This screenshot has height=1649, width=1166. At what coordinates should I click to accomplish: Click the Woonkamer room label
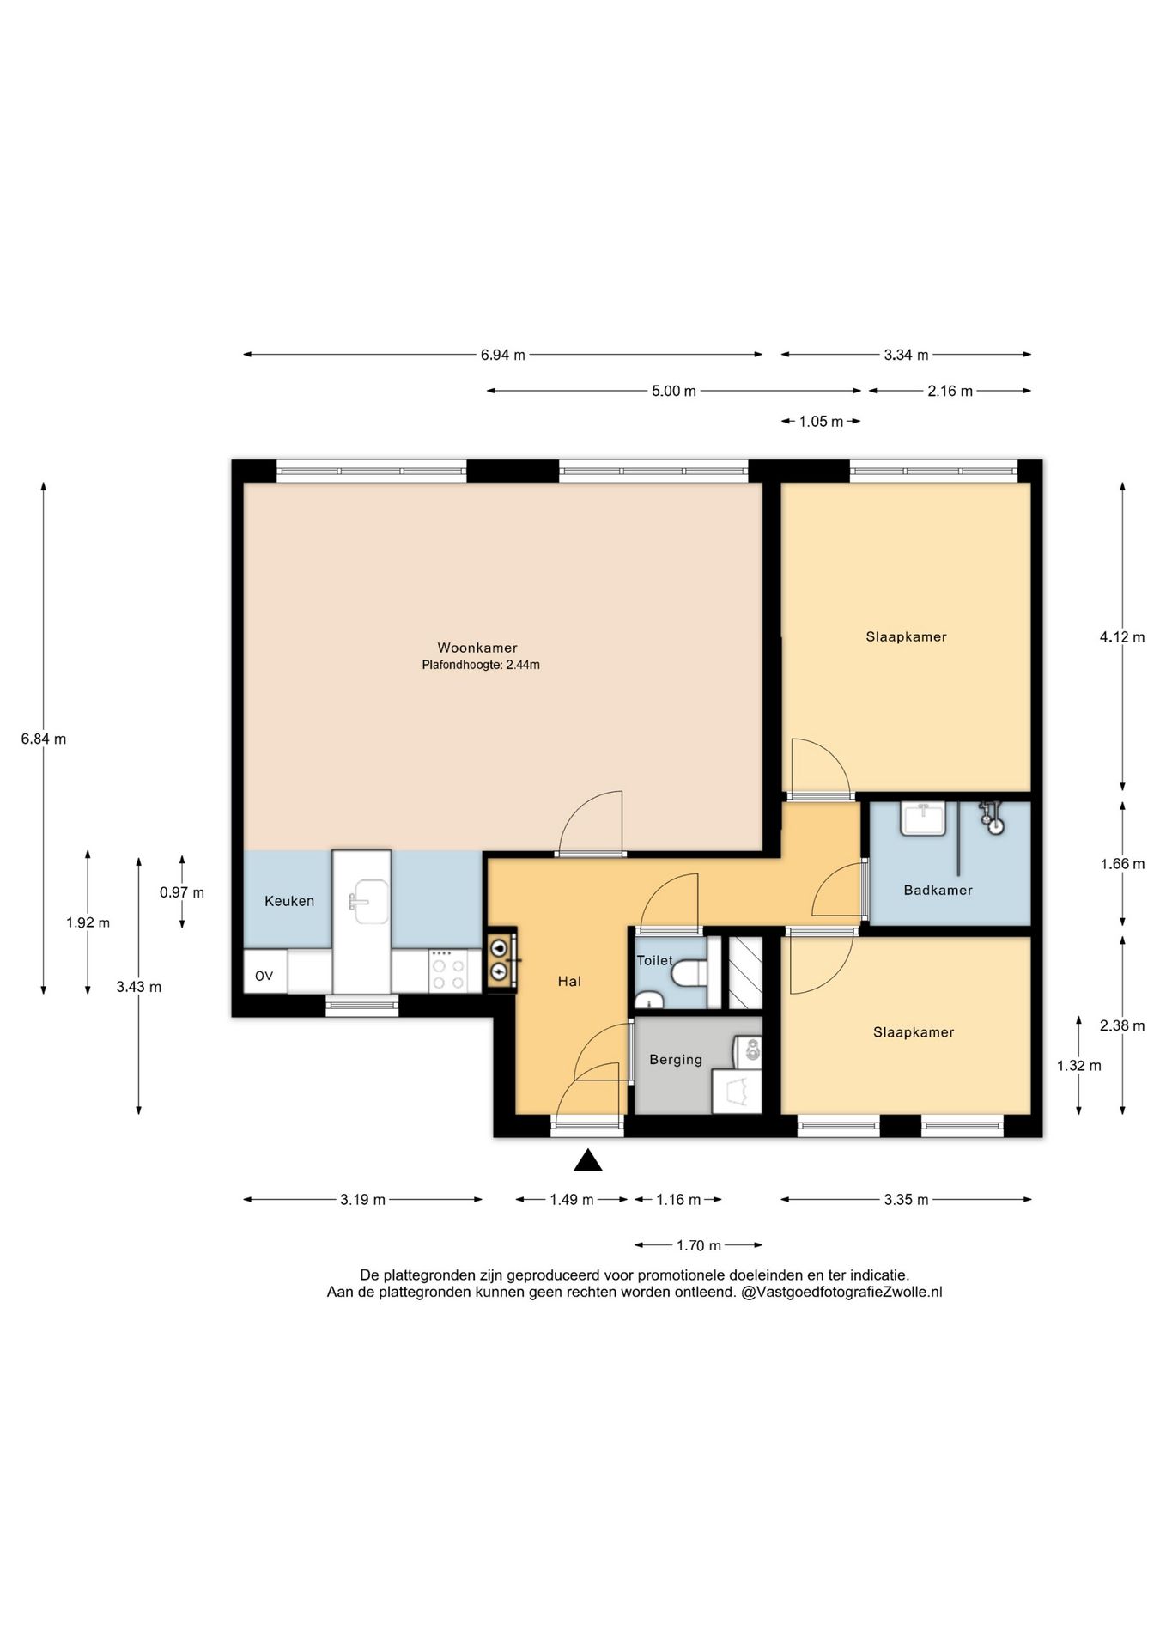coord(477,648)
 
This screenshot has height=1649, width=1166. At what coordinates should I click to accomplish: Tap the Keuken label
coord(289,901)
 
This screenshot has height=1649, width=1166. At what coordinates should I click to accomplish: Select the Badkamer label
coord(938,890)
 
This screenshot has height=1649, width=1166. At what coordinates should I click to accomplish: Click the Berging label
coord(676,1060)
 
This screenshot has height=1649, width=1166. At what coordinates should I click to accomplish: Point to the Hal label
coord(569,981)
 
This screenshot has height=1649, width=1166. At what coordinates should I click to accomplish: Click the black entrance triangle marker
coord(588,1160)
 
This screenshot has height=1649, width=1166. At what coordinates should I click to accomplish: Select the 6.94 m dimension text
coord(502,355)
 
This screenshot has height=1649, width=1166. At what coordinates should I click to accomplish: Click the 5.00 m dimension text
coord(674,391)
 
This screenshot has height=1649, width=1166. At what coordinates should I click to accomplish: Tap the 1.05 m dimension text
coord(822,421)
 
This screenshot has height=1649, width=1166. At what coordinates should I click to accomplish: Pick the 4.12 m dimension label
coord(1122,637)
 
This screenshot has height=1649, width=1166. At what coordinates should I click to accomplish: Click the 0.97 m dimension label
coord(182,892)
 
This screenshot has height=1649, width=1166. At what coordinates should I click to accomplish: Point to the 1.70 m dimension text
coord(699,1245)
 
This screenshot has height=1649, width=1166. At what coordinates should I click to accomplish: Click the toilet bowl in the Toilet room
coord(689,974)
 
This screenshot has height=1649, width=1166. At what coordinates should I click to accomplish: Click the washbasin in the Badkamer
coord(922,818)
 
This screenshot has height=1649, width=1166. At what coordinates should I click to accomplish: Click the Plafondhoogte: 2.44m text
coord(481,665)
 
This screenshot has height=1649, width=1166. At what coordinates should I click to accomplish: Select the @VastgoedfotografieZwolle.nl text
coord(841,1292)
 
